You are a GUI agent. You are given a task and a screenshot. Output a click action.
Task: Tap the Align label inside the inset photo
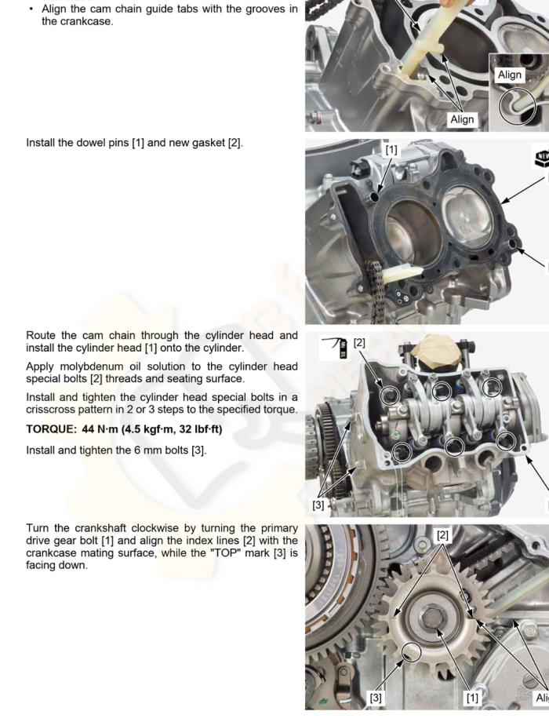tap(510, 75)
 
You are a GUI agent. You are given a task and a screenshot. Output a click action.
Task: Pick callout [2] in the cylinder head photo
tap(359, 343)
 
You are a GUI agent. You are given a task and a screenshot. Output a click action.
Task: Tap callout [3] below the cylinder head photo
tap(318, 505)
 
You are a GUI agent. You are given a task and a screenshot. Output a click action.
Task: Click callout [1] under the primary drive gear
tap(472, 698)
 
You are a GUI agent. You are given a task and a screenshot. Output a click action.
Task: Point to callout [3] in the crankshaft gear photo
tap(376, 698)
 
